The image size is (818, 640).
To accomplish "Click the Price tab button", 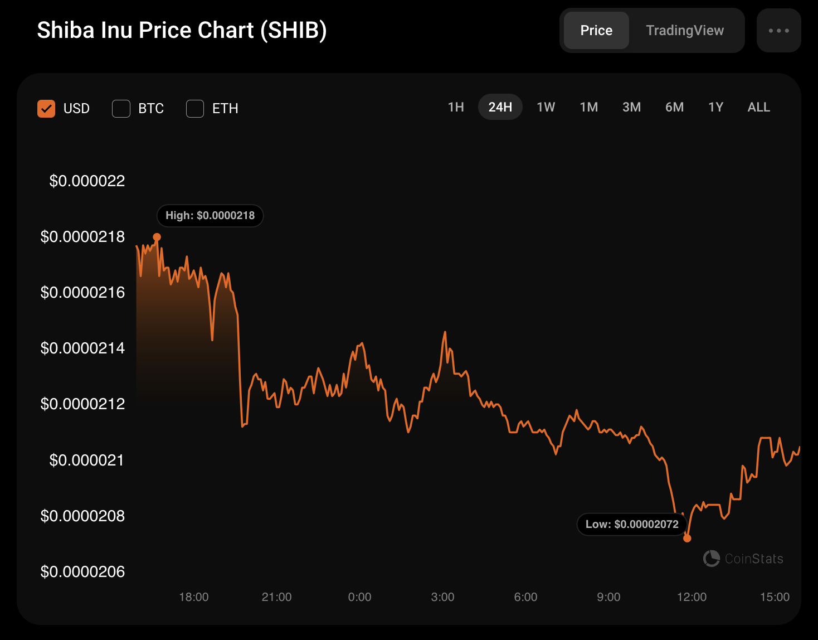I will pyautogui.click(x=596, y=31).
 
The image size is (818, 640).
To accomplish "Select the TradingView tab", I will pyautogui.click(x=685, y=31).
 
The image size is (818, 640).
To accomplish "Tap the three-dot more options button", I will pyautogui.click(x=778, y=31).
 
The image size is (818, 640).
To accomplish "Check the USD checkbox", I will pyautogui.click(x=46, y=109).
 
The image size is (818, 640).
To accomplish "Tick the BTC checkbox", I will pyautogui.click(x=121, y=109).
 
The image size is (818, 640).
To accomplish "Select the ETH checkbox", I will pyautogui.click(x=195, y=109).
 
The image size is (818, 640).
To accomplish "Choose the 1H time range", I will pyautogui.click(x=456, y=107).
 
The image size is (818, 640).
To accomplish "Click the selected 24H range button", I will pyautogui.click(x=500, y=107).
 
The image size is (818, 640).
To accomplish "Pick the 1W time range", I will pyautogui.click(x=546, y=107).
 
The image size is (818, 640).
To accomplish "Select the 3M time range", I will pyautogui.click(x=631, y=107).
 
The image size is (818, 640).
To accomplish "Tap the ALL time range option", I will pyautogui.click(x=758, y=107).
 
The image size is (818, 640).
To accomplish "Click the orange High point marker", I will pyautogui.click(x=157, y=237).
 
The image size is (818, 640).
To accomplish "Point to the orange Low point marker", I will pyautogui.click(x=687, y=538).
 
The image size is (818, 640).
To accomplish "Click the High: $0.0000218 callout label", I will pyautogui.click(x=210, y=216).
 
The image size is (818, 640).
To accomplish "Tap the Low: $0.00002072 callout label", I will pyautogui.click(x=632, y=525).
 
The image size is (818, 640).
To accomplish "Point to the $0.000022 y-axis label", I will pyautogui.click(x=87, y=181).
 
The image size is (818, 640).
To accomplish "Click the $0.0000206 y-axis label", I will pyautogui.click(x=82, y=572).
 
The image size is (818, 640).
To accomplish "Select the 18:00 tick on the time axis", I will pyautogui.click(x=193, y=597).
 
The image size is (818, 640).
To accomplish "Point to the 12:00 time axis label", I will pyautogui.click(x=692, y=597).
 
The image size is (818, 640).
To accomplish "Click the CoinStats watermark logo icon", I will pyautogui.click(x=712, y=558).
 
